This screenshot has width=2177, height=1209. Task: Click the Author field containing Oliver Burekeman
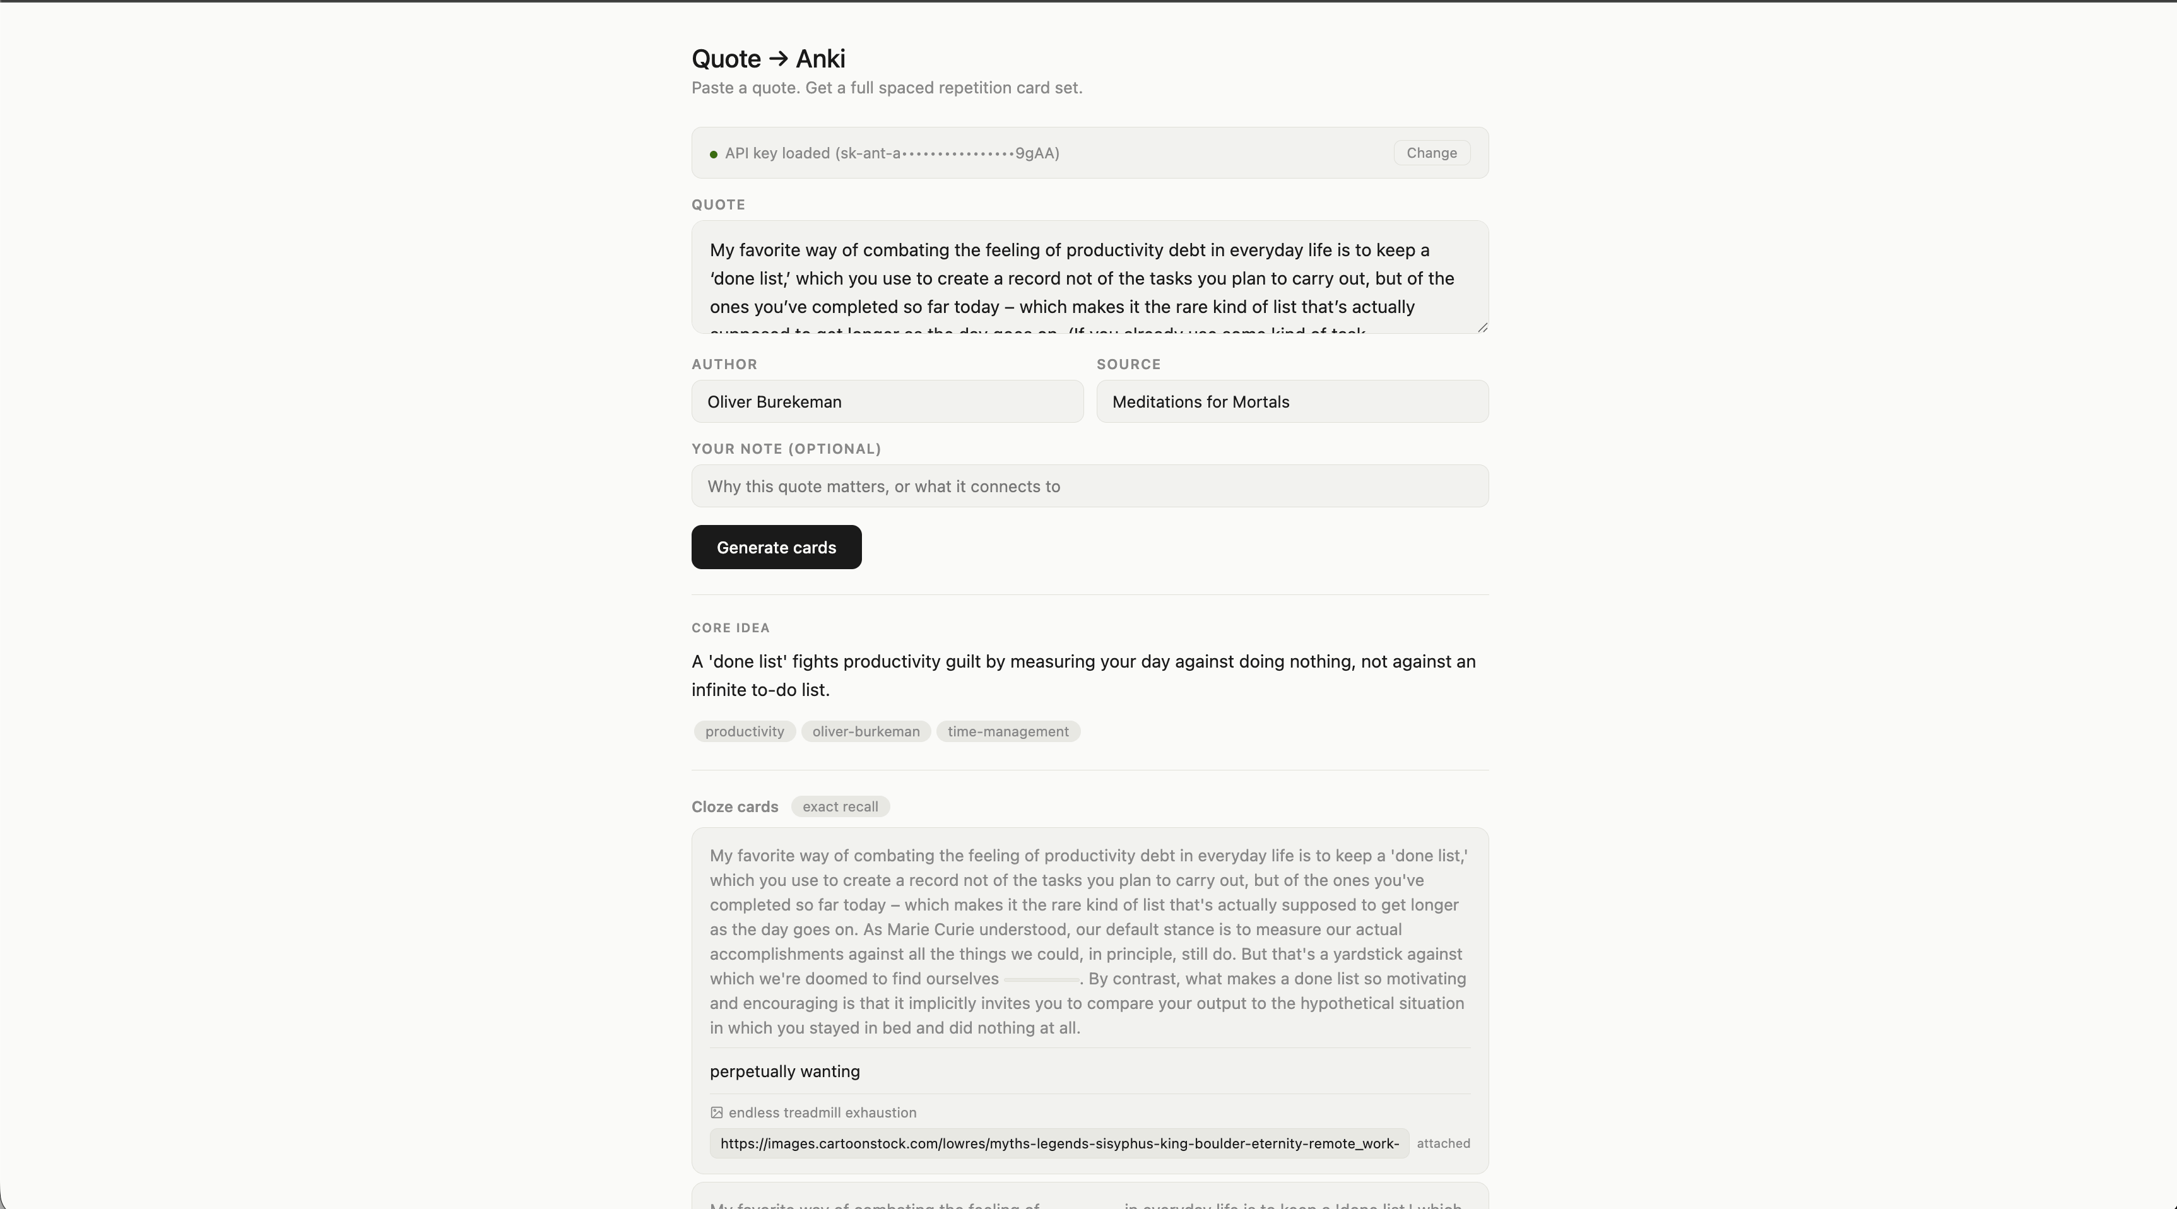tap(887, 402)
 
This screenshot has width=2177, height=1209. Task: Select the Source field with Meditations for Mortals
tap(1291, 402)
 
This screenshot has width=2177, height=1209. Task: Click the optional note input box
tap(1089, 487)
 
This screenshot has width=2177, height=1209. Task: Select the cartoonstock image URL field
tap(1059, 1144)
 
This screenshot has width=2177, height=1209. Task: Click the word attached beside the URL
tap(1442, 1144)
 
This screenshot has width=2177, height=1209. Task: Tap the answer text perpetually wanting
tap(784, 1072)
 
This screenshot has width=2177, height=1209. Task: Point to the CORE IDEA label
tap(730, 628)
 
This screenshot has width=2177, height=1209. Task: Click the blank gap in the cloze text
tap(1041, 980)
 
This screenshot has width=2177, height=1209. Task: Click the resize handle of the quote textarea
tap(1482, 328)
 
